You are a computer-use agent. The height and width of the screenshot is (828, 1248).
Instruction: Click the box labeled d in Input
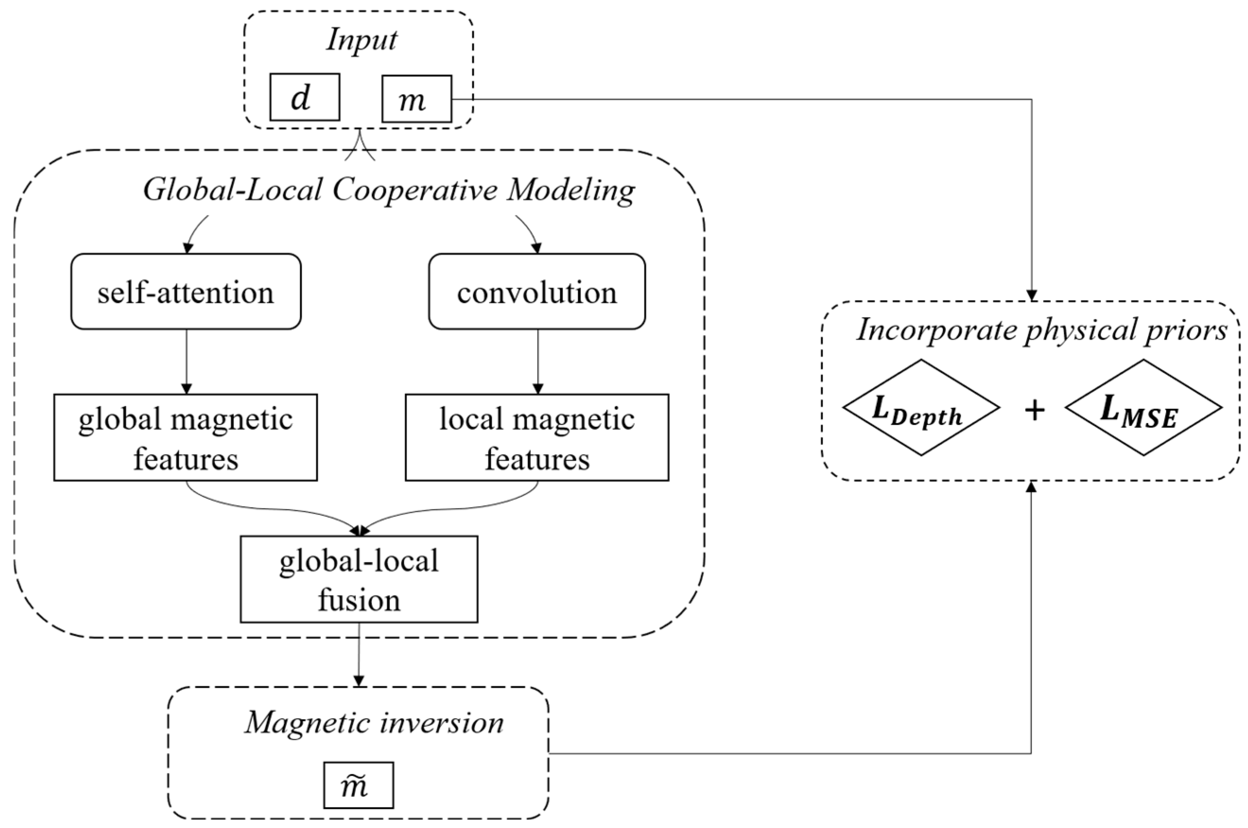[x=305, y=97]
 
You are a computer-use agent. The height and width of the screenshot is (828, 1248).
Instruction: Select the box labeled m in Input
[x=416, y=99]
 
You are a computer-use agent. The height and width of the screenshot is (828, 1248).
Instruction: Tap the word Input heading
[x=361, y=40]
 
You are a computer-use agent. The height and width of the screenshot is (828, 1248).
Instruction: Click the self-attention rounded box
[x=186, y=292]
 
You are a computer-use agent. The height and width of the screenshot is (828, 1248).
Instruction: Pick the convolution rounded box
[x=537, y=292]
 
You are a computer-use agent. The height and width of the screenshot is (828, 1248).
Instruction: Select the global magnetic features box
[x=185, y=437]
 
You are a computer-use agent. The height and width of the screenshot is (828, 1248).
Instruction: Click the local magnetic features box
[x=537, y=437]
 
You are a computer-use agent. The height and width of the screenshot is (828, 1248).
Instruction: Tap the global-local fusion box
[x=359, y=579]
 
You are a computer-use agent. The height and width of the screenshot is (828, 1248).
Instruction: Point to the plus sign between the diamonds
[x=1035, y=410]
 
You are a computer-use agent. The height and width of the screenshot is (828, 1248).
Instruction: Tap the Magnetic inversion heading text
[x=374, y=723]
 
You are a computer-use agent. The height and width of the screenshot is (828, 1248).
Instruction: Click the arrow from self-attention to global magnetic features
[x=186, y=362]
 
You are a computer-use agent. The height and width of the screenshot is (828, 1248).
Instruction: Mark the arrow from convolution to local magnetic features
[x=537, y=362]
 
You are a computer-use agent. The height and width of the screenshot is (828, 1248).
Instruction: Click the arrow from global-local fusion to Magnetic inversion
[x=359, y=655]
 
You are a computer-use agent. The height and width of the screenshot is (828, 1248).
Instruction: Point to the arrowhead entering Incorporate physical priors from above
[x=1031, y=296]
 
